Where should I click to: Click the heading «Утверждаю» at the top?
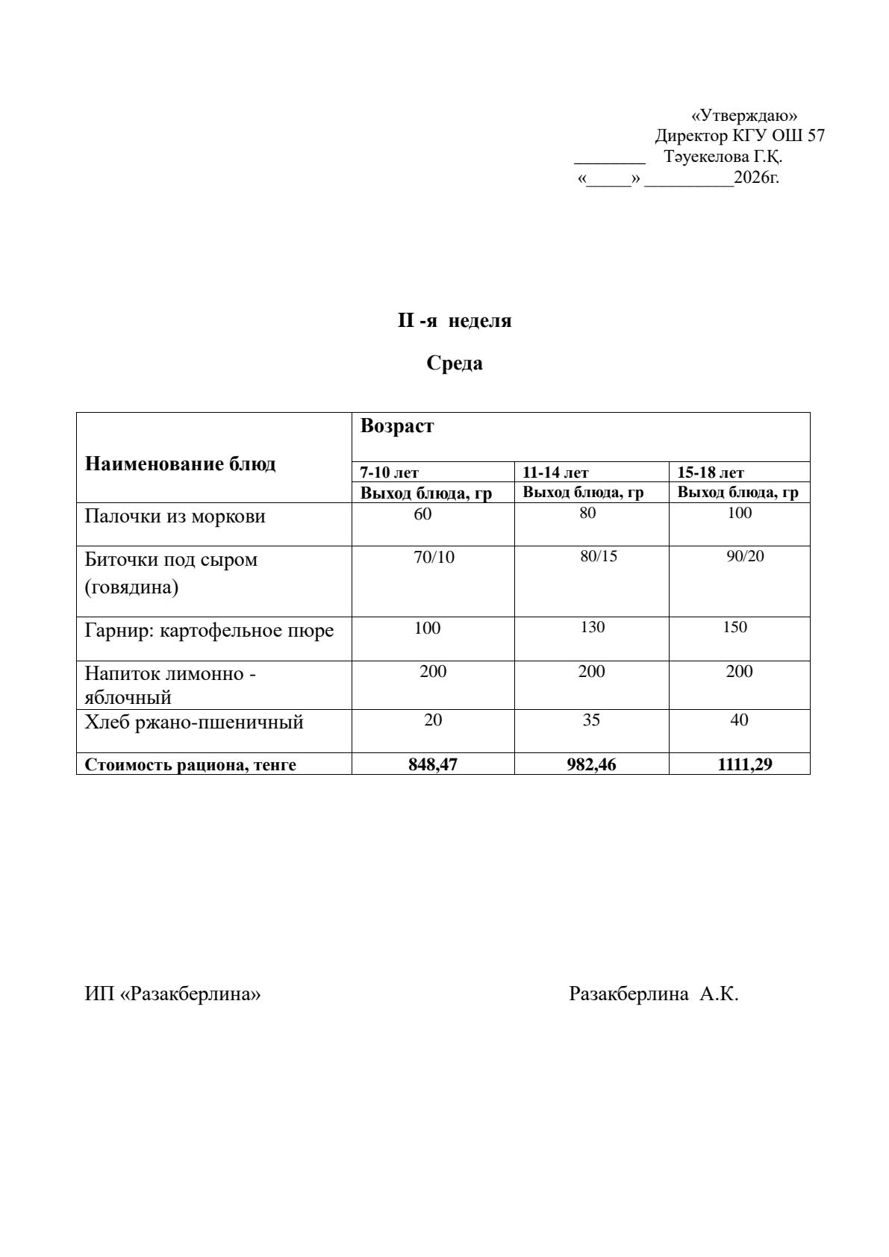point(744,116)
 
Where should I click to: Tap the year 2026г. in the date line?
point(756,178)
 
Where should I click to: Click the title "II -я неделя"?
point(454,321)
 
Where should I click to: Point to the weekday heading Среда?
point(455,364)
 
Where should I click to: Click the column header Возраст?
point(396,426)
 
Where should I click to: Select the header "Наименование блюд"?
point(180,464)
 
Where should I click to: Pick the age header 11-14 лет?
point(555,472)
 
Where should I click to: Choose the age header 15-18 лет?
point(710,472)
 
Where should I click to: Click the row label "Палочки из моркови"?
point(175,517)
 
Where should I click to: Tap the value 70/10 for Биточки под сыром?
point(434,558)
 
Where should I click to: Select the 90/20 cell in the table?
point(745,556)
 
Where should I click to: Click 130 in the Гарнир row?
point(592,627)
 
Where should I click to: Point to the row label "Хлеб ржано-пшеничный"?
point(194,723)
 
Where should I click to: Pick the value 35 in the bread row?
point(591,720)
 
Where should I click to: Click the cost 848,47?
point(433,764)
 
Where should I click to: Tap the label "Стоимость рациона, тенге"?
point(190,765)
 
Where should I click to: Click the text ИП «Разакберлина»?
point(172,994)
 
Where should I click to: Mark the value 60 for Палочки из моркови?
point(422,514)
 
